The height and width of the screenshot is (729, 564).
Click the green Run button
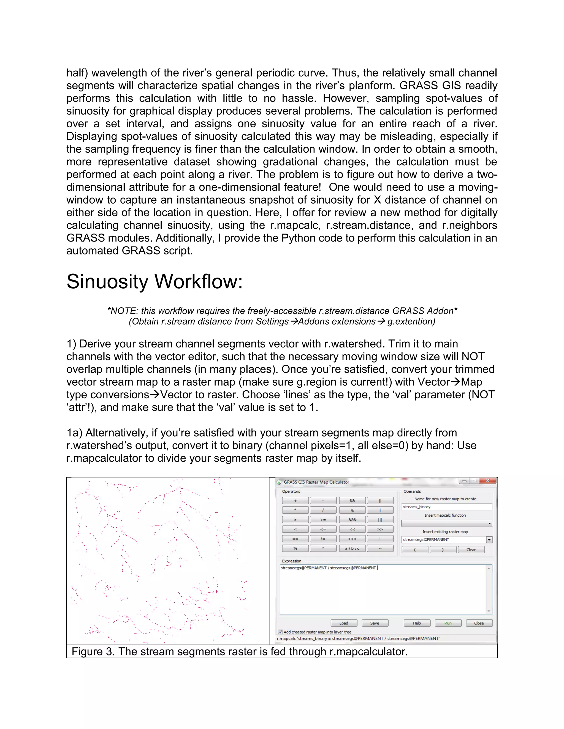[448, 623]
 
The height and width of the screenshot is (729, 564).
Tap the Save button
[375, 623]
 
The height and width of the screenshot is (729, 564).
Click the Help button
[417, 623]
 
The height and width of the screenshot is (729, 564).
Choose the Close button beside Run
[478, 623]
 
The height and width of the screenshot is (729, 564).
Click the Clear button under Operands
[471, 550]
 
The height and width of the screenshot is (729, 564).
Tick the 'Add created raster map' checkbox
[280, 632]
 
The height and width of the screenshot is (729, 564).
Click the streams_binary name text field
[446, 507]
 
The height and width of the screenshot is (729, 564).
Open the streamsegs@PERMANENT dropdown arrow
[489, 540]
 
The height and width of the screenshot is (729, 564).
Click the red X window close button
[488, 481]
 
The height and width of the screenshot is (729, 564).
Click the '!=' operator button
[323, 539]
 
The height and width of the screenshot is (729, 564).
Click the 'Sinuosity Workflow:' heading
[154, 281]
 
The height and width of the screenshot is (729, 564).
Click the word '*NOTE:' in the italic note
[122, 311]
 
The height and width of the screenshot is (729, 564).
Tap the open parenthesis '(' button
[415, 550]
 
